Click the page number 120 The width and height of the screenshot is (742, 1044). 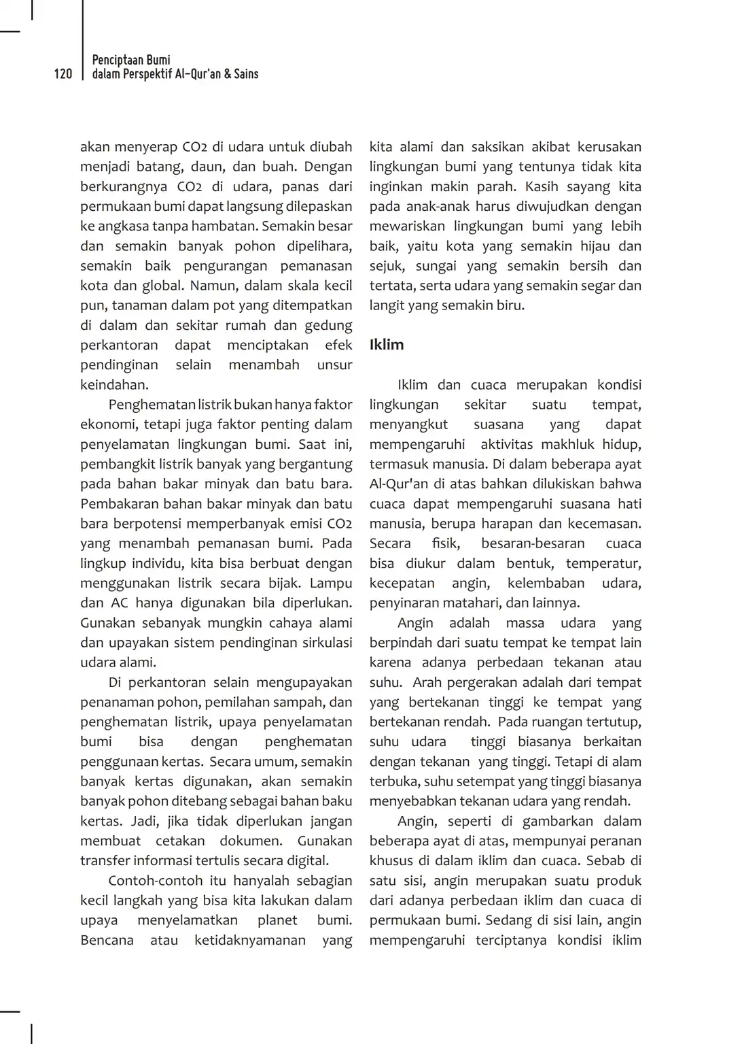tap(63, 74)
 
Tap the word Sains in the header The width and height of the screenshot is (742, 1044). tap(246, 74)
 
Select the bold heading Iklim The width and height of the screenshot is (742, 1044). tap(387, 345)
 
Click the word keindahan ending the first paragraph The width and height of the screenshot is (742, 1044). tap(113, 385)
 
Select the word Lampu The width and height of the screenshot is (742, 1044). tap(331, 584)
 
